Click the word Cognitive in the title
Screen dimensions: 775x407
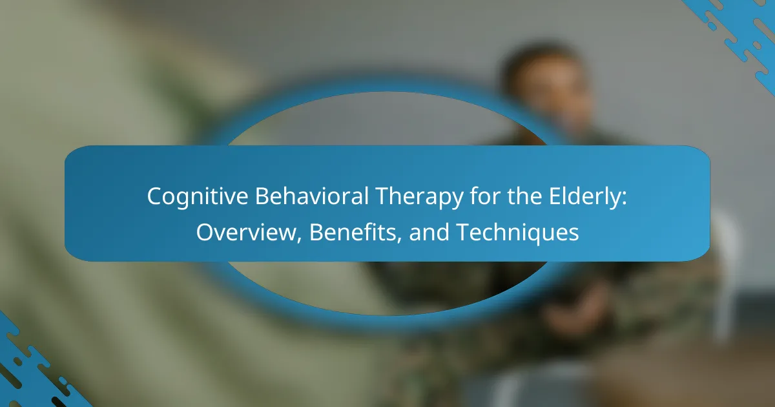point(198,197)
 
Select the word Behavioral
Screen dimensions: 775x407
point(312,196)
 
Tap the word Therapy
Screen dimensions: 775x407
point(419,197)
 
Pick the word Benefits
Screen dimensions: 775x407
point(353,232)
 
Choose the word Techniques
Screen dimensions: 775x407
point(518,233)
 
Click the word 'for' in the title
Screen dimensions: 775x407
point(485,196)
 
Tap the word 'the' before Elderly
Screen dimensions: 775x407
point(524,196)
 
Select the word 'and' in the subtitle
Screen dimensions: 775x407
point(429,232)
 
